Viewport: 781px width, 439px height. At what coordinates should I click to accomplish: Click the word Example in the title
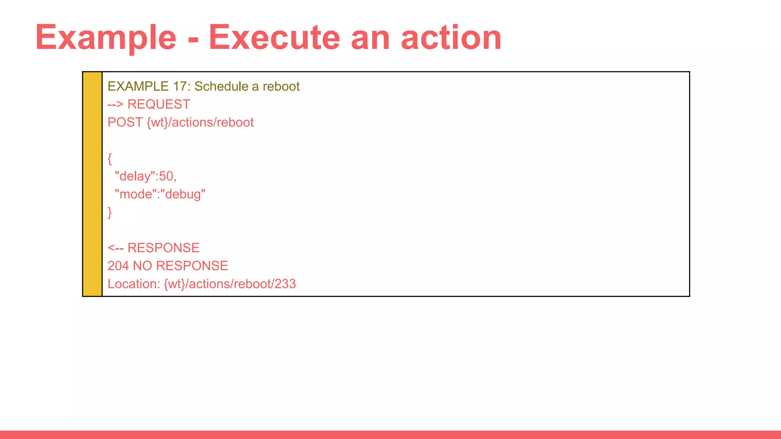pos(106,38)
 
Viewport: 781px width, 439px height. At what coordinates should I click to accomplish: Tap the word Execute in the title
pos(274,38)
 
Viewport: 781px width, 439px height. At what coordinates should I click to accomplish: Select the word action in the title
pos(451,38)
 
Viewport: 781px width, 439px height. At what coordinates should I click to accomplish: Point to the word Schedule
pos(221,87)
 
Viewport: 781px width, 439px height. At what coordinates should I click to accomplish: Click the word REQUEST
pos(159,104)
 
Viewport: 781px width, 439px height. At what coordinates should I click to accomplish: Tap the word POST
pos(125,122)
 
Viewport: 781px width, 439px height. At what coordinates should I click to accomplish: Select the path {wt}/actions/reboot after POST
pos(200,122)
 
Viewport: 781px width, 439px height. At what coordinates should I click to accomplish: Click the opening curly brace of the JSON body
pos(110,159)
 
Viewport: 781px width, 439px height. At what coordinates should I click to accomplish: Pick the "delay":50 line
pos(145,176)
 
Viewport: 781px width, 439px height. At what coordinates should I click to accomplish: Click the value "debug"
pos(183,194)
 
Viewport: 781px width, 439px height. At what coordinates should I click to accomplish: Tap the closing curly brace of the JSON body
pos(110,212)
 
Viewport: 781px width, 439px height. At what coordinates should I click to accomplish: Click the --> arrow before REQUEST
pos(115,104)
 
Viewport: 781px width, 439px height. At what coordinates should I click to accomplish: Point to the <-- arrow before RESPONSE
pos(115,248)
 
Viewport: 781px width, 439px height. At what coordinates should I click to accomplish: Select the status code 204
pos(118,266)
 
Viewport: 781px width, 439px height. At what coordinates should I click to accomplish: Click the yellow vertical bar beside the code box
pos(92,184)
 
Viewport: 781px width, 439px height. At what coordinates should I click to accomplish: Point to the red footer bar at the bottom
pos(390,435)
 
